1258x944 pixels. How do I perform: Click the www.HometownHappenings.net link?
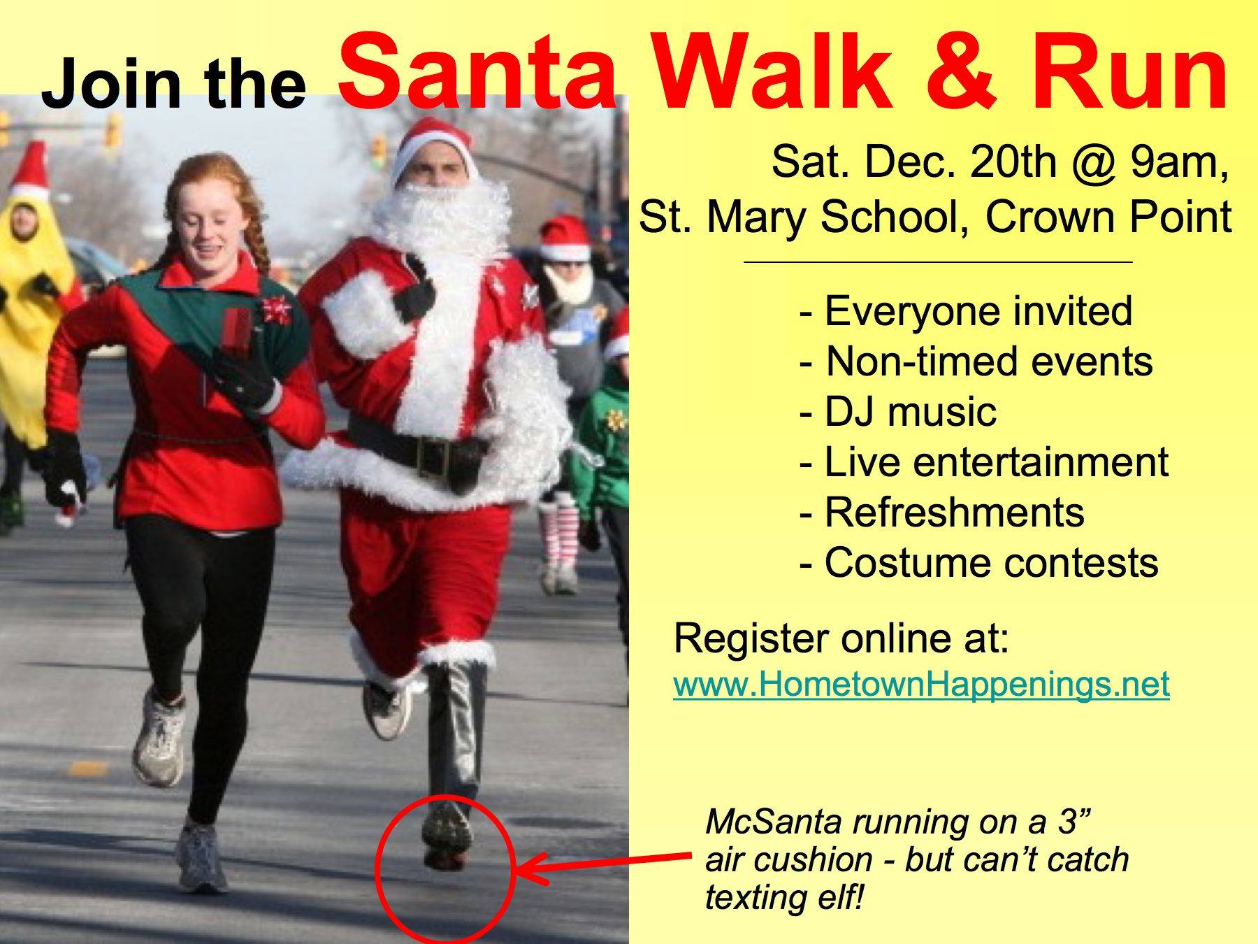tap(921, 683)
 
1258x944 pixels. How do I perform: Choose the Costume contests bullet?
tap(978, 562)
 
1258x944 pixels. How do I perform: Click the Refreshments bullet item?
tap(942, 512)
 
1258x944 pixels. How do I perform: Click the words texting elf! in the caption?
tap(785, 897)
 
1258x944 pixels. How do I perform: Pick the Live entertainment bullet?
tap(984, 462)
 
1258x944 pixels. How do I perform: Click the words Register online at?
tap(841, 638)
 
